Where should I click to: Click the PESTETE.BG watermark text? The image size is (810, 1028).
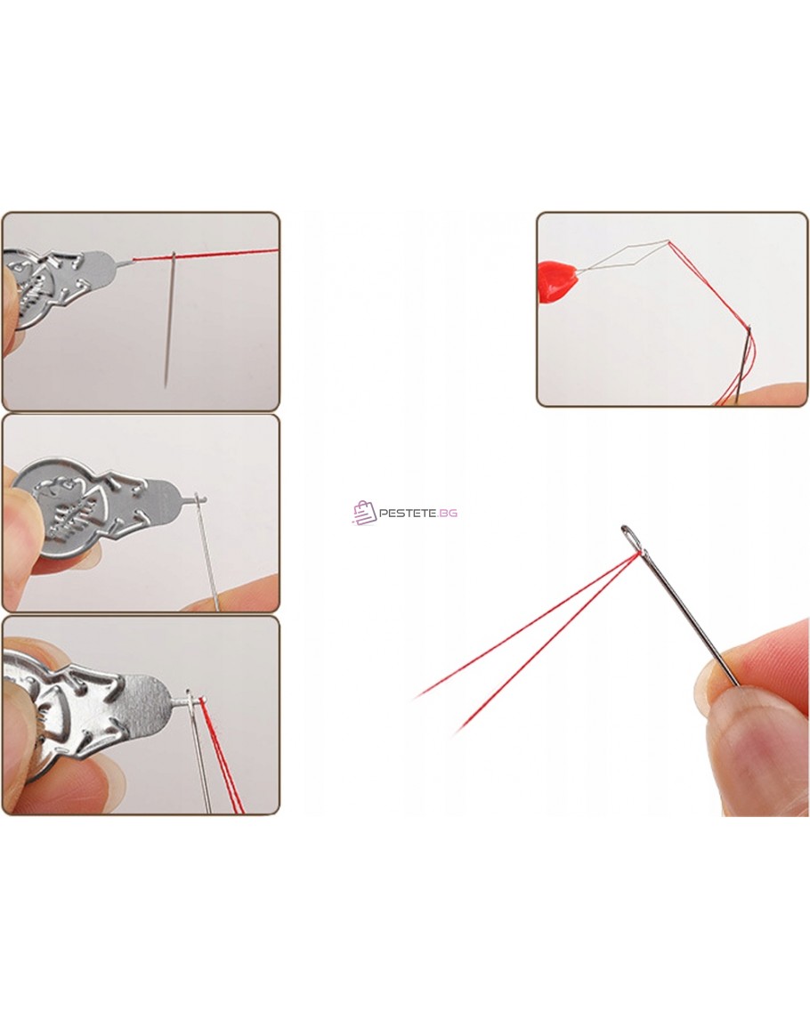coord(418,513)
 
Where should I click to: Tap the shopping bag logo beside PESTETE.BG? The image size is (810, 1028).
coord(364,513)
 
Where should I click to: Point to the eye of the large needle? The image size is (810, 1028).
coord(632,538)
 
